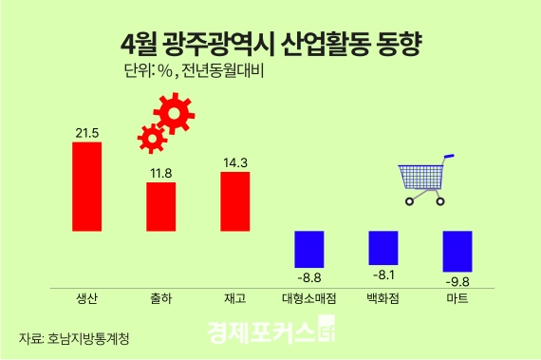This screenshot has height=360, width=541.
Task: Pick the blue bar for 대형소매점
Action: click(x=308, y=249)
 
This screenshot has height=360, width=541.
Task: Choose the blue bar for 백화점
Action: click(x=382, y=247)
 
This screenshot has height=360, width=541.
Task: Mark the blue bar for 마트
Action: click(x=457, y=252)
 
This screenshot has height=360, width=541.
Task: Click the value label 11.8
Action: click(x=160, y=173)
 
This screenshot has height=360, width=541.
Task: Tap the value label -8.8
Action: click(x=308, y=277)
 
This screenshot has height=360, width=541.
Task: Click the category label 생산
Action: click(x=86, y=299)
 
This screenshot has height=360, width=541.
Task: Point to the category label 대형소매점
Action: click(x=308, y=299)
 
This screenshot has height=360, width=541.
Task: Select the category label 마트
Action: click(x=457, y=299)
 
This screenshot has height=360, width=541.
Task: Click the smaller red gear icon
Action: click(x=151, y=138)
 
